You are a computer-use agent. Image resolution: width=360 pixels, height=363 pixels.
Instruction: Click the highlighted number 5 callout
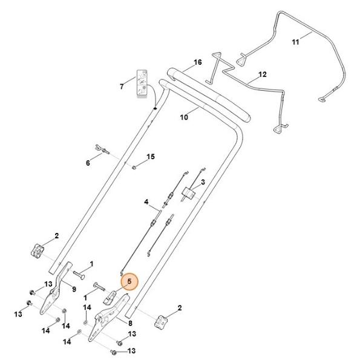point(129,282)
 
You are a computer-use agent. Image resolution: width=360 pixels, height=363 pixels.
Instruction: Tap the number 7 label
point(122,87)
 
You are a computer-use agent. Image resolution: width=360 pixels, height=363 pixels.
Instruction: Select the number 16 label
point(197,62)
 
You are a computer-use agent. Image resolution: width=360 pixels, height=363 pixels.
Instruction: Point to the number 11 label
point(295,42)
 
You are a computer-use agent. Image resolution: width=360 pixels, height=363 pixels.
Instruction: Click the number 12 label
point(263,74)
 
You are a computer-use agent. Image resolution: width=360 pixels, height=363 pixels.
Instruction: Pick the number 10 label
point(184,117)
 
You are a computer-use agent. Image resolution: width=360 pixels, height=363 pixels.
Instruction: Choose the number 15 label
point(151,157)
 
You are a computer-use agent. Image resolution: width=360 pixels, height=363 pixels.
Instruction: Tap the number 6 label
point(88,163)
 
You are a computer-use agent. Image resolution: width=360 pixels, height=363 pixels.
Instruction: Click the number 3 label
point(203,182)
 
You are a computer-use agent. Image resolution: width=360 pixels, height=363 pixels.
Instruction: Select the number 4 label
point(146,202)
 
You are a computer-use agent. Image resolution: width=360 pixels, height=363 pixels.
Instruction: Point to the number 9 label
point(74,289)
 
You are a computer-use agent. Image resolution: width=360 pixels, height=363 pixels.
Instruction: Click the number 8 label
point(130,323)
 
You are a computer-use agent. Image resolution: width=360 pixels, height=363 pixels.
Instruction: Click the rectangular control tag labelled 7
point(142,84)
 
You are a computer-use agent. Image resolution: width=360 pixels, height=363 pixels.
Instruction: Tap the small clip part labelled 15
point(134,167)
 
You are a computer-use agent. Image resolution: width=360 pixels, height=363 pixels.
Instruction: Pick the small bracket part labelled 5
point(110,298)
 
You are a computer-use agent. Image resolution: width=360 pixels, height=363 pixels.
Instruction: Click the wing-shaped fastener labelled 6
point(102,149)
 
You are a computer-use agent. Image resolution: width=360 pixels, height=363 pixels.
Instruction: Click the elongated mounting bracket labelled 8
point(107,316)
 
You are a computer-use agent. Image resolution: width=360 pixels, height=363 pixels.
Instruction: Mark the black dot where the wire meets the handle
point(155,108)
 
